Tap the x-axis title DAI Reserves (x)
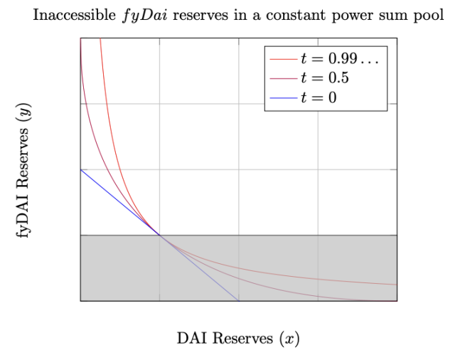point(238,338)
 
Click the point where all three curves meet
point(159,235)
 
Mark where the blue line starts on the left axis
point(81,169)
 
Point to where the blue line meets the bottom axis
point(237,300)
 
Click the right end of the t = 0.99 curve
point(396,285)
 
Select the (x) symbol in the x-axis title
point(289,338)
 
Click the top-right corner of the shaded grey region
point(396,235)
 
